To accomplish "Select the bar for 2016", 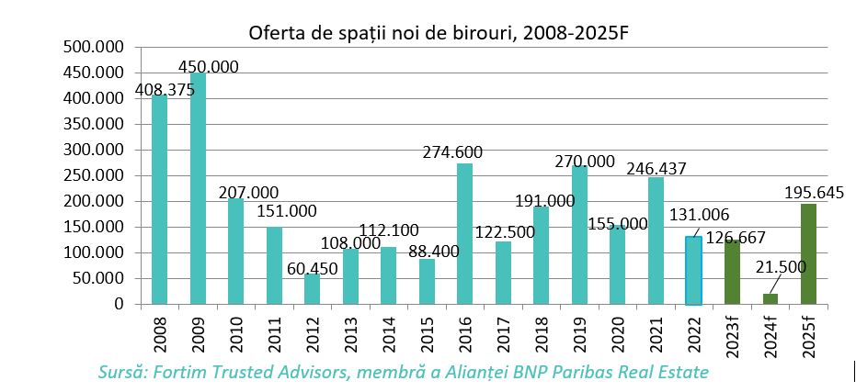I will point(464,233).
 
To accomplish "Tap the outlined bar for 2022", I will point(693,270).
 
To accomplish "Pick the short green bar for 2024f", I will point(770,298).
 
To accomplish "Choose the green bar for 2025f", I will point(808,253).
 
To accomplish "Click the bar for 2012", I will point(312,288).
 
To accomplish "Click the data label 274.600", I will point(452,152).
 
